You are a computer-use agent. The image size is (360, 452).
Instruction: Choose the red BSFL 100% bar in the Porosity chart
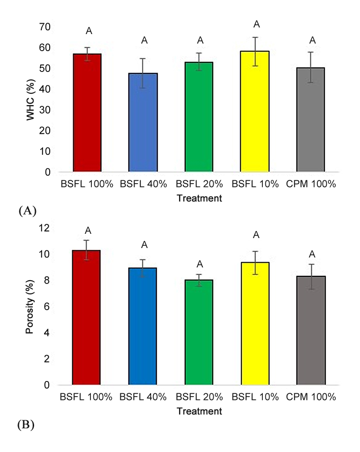pyautogui.click(x=86, y=318)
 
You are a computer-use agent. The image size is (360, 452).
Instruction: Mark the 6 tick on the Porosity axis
pyautogui.click(x=47, y=307)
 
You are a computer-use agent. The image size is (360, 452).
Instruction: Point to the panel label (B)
pyautogui.click(x=27, y=425)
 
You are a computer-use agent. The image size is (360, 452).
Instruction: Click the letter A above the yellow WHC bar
pyautogui.click(x=256, y=24)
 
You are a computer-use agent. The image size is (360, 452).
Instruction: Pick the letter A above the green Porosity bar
pyautogui.click(x=200, y=264)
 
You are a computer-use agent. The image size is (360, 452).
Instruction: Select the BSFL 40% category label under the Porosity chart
pyautogui.click(x=143, y=397)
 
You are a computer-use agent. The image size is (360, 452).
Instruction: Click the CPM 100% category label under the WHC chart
pyautogui.click(x=311, y=184)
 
